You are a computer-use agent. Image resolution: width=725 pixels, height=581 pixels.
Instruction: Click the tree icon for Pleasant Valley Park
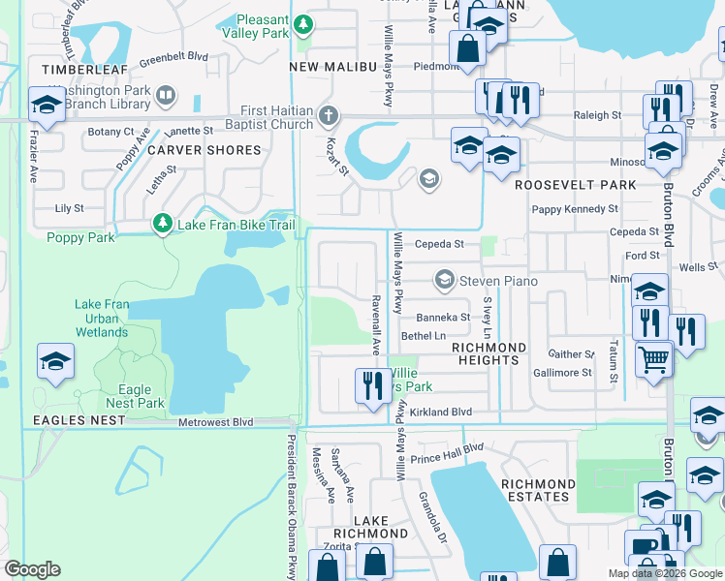point(304,23)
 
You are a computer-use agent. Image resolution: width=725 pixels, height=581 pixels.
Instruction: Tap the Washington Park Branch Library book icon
point(166,95)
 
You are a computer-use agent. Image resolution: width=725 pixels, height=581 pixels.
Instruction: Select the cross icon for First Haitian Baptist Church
point(329,116)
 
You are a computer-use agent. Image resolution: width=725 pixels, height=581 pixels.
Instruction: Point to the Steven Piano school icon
point(445,281)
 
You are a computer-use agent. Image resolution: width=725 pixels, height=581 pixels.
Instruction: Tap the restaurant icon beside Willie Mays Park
point(370,384)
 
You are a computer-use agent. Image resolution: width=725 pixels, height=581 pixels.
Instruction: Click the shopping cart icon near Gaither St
point(653,358)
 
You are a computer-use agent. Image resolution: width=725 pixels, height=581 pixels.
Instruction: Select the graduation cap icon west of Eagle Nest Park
point(55,361)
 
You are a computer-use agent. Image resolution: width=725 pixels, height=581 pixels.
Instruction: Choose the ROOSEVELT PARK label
point(575,184)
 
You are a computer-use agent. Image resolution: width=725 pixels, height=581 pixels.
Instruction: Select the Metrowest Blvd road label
point(215,422)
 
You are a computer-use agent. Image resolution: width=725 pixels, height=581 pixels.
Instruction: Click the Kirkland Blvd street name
point(440,412)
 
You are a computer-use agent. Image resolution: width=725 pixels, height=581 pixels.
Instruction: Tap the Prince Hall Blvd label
point(446,451)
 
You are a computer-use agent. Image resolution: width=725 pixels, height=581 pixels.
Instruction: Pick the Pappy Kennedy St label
point(575,209)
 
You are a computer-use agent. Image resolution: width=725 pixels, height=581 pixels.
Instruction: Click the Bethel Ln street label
point(423,336)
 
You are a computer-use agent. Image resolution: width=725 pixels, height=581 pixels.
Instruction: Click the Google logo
point(33,569)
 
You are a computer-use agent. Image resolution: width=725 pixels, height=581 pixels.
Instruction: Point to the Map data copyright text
point(664,573)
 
